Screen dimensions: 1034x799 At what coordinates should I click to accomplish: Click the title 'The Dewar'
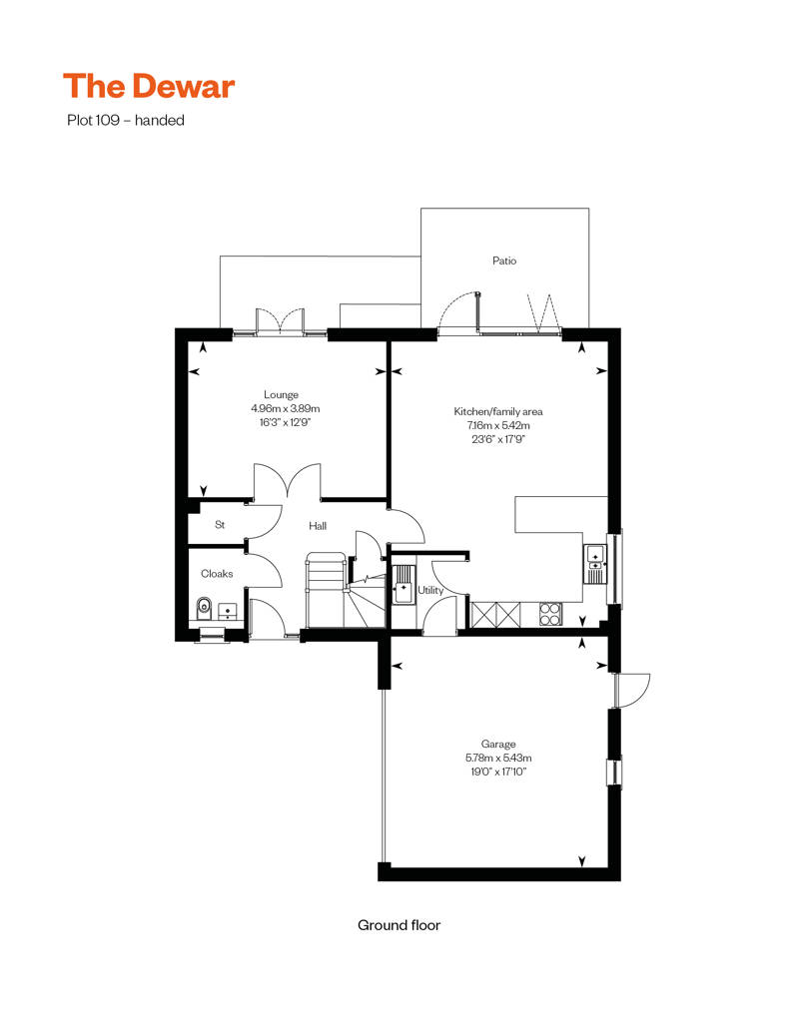[149, 87]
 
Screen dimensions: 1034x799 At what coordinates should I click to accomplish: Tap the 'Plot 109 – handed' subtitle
[124, 121]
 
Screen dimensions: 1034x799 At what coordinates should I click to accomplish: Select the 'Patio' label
[504, 260]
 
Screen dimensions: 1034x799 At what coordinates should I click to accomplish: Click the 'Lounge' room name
[281, 394]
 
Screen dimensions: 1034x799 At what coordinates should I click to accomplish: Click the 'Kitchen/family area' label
[498, 411]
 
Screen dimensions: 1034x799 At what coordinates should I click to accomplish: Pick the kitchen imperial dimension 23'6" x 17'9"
[498, 439]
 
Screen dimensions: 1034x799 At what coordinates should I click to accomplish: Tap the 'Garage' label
[498, 744]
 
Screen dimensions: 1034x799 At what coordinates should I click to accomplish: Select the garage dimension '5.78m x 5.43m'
[498, 758]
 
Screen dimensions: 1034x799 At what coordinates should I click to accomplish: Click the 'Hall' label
[318, 526]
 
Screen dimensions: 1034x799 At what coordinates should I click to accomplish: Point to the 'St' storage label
[219, 525]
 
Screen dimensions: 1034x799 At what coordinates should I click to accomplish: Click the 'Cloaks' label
[217, 574]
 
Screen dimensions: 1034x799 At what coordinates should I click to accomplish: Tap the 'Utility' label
[430, 591]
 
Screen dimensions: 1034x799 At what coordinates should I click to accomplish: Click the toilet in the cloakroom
[204, 607]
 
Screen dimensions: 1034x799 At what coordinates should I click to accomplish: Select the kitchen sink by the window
[595, 562]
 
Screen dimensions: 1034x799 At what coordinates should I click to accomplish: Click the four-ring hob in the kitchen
[550, 613]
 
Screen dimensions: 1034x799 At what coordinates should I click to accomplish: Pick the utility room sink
[403, 584]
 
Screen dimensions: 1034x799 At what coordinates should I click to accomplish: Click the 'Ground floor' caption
[399, 925]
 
